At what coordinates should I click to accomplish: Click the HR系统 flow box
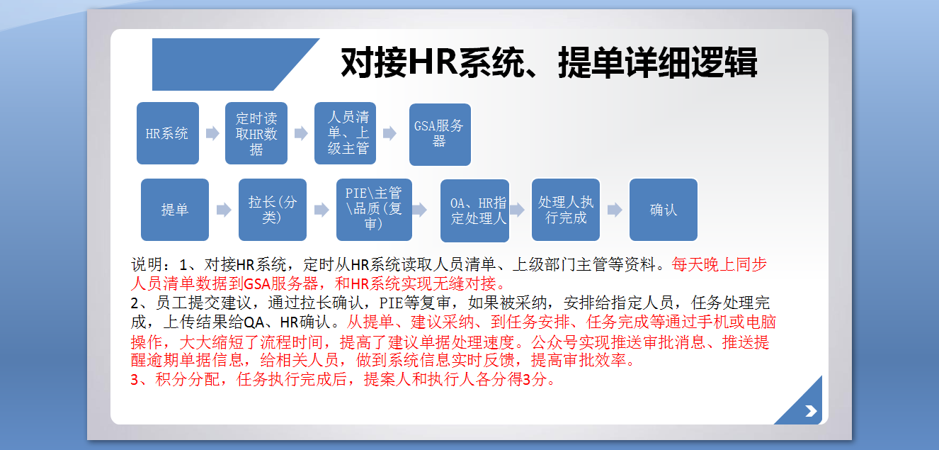coord(168,133)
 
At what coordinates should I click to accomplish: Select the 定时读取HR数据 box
coord(256,133)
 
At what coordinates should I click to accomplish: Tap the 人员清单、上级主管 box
coord(345,133)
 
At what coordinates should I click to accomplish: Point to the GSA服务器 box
coord(440,134)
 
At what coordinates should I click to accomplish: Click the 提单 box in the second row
coord(175,210)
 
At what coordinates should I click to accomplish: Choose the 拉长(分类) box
coord(273,210)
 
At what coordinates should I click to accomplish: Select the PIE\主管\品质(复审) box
coord(374,210)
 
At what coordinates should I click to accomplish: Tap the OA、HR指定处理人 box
coord(474,210)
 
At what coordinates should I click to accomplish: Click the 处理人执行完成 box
coord(566,210)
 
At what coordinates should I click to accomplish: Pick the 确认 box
coord(663,210)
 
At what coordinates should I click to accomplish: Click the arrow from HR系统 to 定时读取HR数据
coord(212,133)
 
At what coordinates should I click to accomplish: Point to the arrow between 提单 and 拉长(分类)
coord(224,210)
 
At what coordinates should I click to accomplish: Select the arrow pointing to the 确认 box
coord(615,210)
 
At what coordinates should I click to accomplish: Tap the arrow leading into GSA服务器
coord(390,133)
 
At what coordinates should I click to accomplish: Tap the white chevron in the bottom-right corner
coord(811,411)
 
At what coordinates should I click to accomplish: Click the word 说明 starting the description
coord(147,264)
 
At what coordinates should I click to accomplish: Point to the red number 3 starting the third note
coord(135,380)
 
